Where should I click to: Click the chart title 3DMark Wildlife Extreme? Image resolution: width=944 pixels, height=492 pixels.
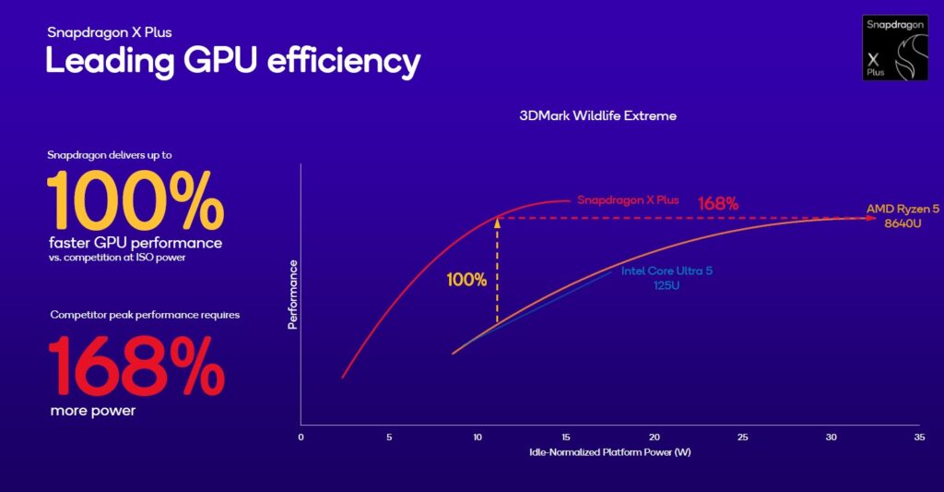tap(597, 116)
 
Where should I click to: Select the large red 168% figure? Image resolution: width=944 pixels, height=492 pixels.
tap(136, 366)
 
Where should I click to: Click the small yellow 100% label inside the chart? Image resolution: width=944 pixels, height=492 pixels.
tap(467, 279)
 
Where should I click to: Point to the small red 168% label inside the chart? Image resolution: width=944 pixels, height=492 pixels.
tap(717, 203)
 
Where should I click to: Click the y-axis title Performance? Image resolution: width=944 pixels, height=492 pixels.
tap(293, 294)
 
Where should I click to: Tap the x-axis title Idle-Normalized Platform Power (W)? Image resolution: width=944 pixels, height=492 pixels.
tap(608, 452)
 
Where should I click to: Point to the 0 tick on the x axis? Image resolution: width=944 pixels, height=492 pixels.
tap(301, 437)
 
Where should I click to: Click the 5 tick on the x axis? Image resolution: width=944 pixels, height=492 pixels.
tap(389, 437)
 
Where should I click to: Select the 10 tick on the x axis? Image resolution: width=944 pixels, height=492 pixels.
tap(477, 437)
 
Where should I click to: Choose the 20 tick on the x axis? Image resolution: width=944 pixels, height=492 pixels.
tap(654, 437)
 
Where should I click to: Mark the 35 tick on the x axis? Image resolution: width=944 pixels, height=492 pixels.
tap(918, 437)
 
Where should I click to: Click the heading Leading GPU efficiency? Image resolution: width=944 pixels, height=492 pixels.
tap(233, 61)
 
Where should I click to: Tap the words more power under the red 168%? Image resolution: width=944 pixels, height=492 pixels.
tap(92, 411)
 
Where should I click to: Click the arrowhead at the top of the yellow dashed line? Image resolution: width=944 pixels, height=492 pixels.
tap(497, 221)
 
